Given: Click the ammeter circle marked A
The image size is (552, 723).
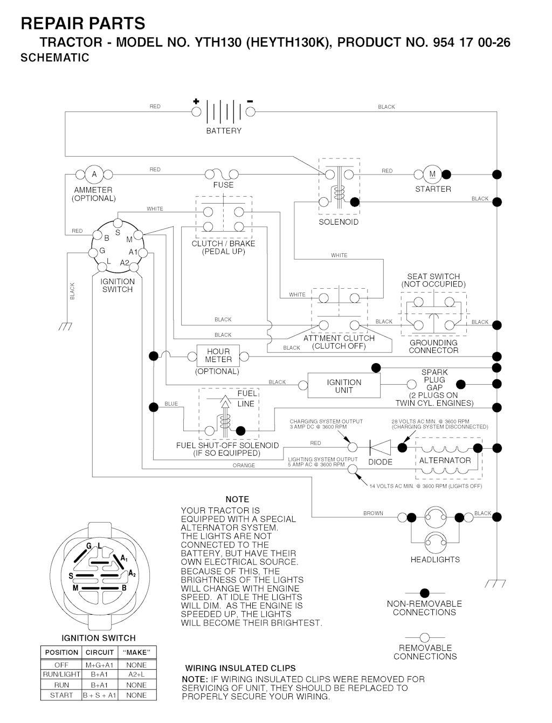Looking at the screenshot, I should [94, 175].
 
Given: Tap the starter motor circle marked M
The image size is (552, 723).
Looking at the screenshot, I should [432, 175].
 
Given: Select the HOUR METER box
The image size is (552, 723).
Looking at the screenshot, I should [218, 356].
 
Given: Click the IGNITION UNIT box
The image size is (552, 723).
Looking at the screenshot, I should [344, 386].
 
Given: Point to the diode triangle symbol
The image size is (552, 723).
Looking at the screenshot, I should [381, 448].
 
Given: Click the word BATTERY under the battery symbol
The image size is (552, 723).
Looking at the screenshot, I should [224, 131].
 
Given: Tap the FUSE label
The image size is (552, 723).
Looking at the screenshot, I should [223, 185].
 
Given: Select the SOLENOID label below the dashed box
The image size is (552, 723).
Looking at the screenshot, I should [339, 222].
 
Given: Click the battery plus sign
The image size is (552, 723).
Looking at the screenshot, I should [196, 101].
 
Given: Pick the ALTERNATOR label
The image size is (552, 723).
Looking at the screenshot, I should [445, 461].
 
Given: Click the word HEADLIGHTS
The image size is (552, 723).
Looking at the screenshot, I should [435, 560].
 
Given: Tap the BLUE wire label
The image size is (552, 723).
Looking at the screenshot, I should [171, 404].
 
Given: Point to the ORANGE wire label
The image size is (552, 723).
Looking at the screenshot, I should [244, 465].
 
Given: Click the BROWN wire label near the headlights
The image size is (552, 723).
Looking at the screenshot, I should [373, 513].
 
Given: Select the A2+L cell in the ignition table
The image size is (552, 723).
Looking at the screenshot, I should [136, 675].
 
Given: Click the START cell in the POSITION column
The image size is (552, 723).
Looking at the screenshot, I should [61, 695].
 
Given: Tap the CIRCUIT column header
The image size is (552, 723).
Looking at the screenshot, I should [100, 652].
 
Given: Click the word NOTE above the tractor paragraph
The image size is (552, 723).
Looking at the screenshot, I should [237, 499].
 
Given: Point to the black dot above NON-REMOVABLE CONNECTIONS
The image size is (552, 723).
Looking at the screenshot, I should [425, 593].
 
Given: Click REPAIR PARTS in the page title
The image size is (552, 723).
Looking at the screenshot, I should [82, 24].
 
